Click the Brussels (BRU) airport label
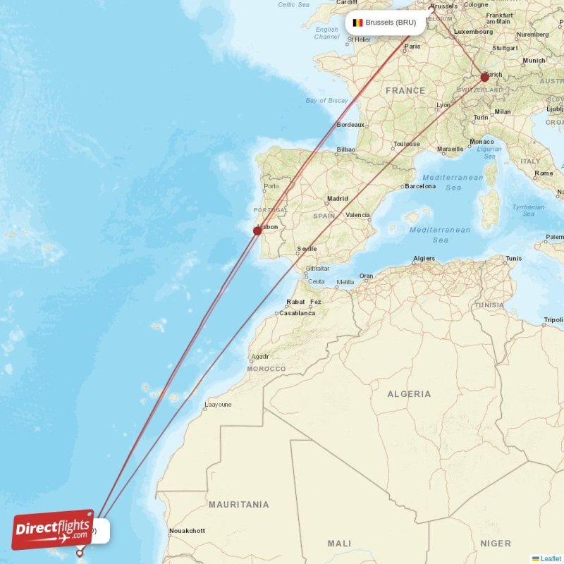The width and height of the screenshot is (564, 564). tap(391, 23)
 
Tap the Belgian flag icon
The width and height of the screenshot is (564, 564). tap(357, 23)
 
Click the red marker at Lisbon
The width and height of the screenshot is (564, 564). tap(257, 231)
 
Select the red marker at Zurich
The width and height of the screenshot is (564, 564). tap(484, 78)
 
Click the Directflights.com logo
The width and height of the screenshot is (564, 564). tap(53, 529)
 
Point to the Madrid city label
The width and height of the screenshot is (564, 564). tap(337, 199)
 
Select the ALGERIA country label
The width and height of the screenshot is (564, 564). tap(409, 393)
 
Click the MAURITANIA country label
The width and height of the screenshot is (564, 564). tap(238, 505)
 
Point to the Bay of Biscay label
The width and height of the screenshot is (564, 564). tap(327, 101)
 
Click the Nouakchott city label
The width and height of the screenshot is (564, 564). tap(187, 531)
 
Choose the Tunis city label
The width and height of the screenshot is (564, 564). tap(513, 258)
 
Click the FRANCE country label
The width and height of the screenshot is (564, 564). tap(405, 90)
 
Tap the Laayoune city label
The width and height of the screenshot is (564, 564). tap(217, 405)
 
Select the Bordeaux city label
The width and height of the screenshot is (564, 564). tap(350, 125)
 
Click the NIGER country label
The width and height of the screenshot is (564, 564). tap(496, 544)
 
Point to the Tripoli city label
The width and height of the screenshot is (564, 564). tap(553, 319)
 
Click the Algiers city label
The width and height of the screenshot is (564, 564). tap(424, 258)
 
